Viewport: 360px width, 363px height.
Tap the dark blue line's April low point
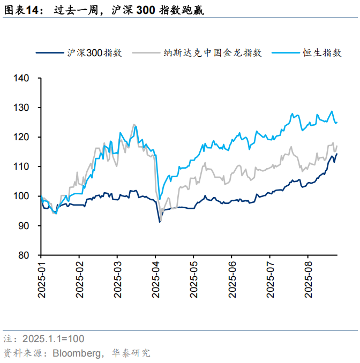pyautogui.click(x=160, y=221)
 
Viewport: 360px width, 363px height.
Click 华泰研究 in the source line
pyautogui.click(x=131, y=353)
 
